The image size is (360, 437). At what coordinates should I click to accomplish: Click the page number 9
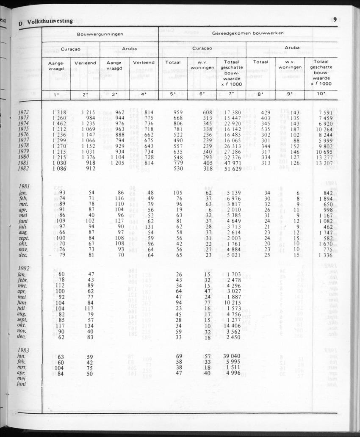pyautogui.click(x=335, y=19)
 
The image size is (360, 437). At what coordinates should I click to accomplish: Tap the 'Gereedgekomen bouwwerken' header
pyautogui.click(x=248, y=33)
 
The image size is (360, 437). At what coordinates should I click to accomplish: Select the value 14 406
pyautogui.click(x=231, y=326)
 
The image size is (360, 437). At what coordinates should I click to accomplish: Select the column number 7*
pyautogui.click(x=231, y=94)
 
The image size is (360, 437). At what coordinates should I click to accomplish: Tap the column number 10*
pyautogui.click(x=321, y=94)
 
